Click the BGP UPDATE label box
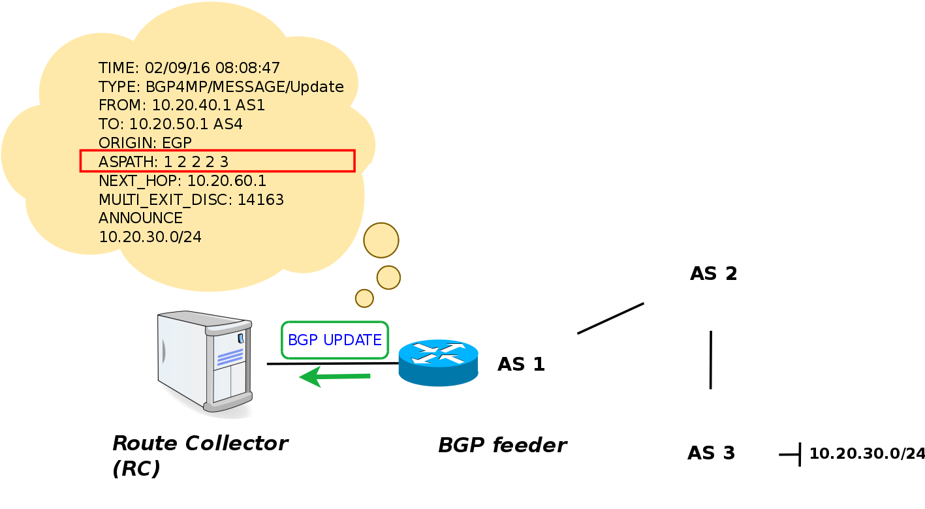point(335,340)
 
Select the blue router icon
point(438,363)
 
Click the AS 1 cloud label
point(521,364)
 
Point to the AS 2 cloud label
point(713,273)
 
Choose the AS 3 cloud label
point(711,453)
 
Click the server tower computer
point(206,363)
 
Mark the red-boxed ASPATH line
point(217,161)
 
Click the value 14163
point(260,200)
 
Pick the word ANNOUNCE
point(140,218)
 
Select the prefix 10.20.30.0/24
point(150,237)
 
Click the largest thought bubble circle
point(381,240)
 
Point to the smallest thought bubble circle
point(364,298)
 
